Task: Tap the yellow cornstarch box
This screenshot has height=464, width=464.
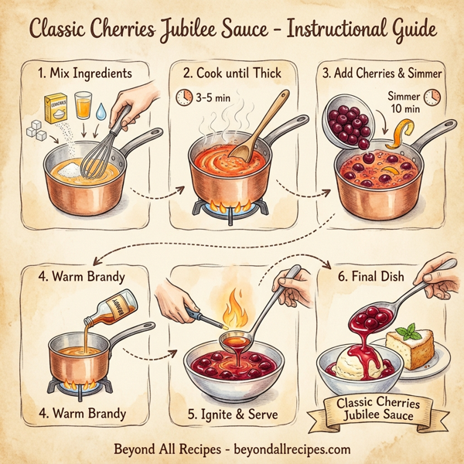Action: coord(56,108)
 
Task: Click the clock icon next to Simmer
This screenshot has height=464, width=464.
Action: coord(433,96)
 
